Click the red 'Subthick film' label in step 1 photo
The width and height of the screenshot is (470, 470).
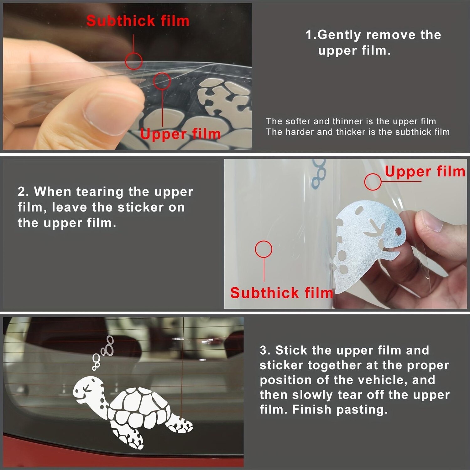[138, 21]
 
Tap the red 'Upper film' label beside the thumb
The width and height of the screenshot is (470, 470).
[180, 134]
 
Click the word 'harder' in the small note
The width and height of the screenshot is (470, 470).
[300, 132]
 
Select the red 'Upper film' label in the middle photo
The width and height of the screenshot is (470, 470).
[425, 172]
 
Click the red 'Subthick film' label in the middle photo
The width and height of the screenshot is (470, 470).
[282, 293]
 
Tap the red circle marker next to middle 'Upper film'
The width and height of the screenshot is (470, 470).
[373, 182]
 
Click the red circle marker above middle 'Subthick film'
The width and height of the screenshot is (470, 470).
[264, 249]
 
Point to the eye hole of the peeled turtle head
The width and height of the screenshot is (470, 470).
[398, 231]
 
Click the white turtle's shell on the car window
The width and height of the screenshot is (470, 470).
[139, 409]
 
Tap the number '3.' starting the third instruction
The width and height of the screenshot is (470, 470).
[266, 350]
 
